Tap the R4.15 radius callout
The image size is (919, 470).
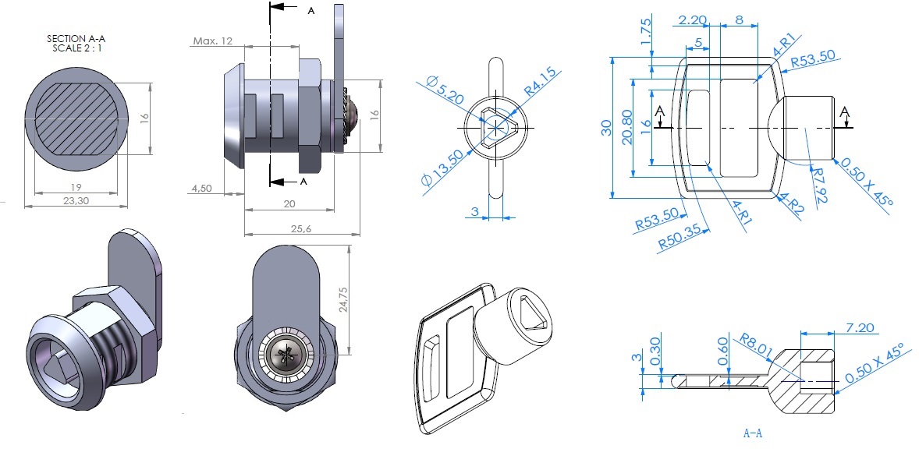(x=540, y=82)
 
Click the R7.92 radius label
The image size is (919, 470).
(x=818, y=183)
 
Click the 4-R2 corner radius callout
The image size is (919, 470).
(x=791, y=204)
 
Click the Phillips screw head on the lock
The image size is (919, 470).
(x=284, y=358)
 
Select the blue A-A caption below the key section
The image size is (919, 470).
(x=752, y=433)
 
